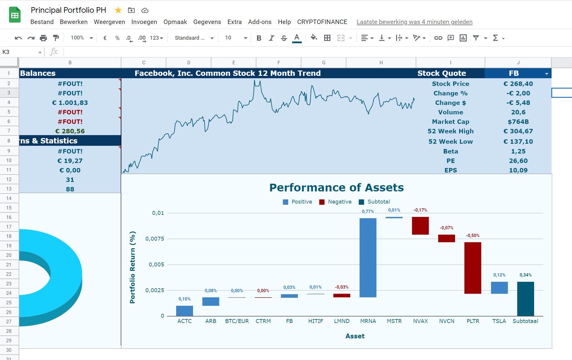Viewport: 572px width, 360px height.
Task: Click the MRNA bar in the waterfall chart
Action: point(368,258)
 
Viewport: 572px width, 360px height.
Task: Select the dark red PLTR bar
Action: point(473,268)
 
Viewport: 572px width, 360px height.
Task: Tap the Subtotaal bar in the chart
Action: point(526,299)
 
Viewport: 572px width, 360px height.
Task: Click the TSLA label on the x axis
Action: point(499,321)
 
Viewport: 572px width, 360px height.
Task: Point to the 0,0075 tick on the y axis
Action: point(155,239)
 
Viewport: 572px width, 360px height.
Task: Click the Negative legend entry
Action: point(335,202)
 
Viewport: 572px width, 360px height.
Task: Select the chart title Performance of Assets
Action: point(337,188)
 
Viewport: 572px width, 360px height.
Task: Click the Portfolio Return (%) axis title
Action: point(132,267)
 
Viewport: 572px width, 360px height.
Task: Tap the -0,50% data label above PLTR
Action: point(473,236)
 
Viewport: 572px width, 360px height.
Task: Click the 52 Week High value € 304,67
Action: point(518,131)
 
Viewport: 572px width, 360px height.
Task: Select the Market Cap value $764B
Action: point(518,122)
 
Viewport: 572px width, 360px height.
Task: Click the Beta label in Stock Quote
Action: point(451,151)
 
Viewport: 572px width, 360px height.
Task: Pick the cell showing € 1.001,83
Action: point(70,103)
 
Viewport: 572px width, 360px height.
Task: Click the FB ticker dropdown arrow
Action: point(547,74)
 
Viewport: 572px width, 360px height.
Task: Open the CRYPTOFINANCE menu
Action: point(322,22)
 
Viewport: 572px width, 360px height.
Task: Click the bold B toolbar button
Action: point(259,38)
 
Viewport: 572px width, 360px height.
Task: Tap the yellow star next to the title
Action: point(118,10)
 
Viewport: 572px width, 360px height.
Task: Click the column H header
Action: point(381,63)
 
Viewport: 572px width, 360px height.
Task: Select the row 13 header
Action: point(9,189)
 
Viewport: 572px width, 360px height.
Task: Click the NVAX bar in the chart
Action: point(420,226)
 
